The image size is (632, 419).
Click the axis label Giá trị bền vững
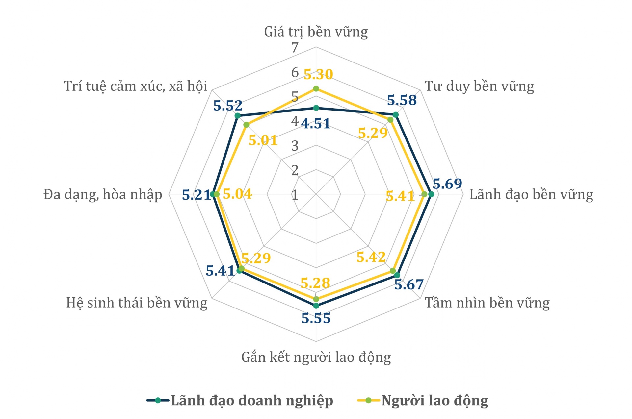(x=316, y=32)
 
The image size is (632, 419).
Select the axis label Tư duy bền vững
(x=479, y=86)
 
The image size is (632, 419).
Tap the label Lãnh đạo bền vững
(x=531, y=194)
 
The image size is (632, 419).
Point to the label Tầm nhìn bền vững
(x=487, y=303)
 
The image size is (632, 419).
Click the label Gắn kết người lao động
(x=316, y=357)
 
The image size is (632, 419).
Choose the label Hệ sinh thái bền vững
(x=137, y=303)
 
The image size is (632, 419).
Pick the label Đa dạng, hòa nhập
(x=103, y=194)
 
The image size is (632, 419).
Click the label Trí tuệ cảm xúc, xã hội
(x=135, y=86)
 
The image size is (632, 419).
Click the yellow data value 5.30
(x=318, y=75)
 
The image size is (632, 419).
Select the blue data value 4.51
(x=316, y=124)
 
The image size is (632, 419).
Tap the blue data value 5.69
(x=447, y=184)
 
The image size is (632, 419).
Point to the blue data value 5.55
(x=316, y=318)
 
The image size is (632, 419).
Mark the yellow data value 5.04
(x=237, y=194)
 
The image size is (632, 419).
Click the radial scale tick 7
(x=295, y=48)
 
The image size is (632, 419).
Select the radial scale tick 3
(x=295, y=146)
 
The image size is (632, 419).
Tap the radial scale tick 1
(x=295, y=195)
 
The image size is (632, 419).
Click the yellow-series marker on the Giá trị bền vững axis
(x=316, y=89)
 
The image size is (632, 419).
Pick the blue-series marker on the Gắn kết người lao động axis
(x=316, y=306)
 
